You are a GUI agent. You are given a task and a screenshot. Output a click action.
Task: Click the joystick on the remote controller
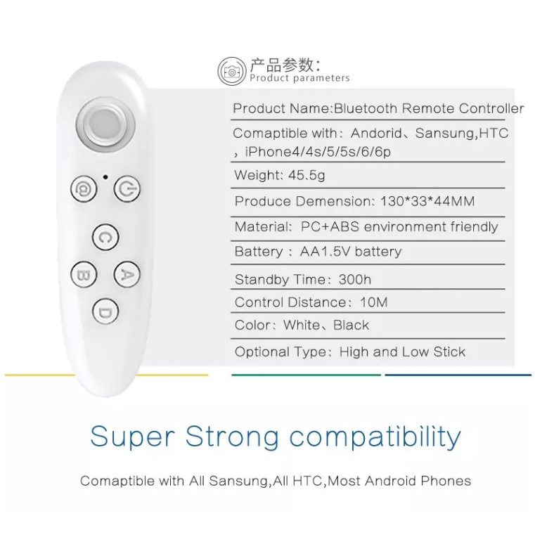(x=105, y=124)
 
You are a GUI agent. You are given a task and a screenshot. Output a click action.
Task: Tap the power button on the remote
(x=127, y=189)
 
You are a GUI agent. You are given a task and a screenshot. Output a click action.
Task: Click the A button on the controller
(x=127, y=274)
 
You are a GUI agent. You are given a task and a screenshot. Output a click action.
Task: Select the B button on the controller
(x=84, y=274)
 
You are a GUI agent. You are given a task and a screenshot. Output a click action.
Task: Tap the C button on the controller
(x=105, y=237)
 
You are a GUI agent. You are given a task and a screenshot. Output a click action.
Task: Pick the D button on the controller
(x=105, y=311)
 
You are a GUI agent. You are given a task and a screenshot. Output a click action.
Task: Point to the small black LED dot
(x=105, y=176)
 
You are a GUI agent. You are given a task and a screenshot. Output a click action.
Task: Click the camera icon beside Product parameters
(x=232, y=71)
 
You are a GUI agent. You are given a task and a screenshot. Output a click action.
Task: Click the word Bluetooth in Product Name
(x=366, y=108)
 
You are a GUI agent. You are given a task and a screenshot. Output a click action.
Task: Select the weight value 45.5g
(x=307, y=175)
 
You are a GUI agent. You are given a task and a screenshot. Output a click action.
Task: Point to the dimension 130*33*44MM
(x=427, y=201)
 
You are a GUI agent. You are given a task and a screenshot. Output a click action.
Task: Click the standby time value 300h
(x=355, y=280)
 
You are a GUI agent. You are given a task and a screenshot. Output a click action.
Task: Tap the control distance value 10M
(x=374, y=302)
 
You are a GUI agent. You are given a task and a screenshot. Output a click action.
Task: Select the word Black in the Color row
(x=351, y=325)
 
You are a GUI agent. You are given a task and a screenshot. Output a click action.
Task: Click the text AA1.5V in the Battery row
(x=325, y=252)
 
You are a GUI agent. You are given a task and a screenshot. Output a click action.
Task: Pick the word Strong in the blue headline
(x=233, y=436)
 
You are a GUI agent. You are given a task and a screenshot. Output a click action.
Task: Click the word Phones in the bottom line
(x=446, y=481)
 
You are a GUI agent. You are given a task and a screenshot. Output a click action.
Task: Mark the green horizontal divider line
(x=306, y=375)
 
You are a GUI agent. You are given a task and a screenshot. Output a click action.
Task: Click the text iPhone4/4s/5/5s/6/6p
(x=318, y=152)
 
